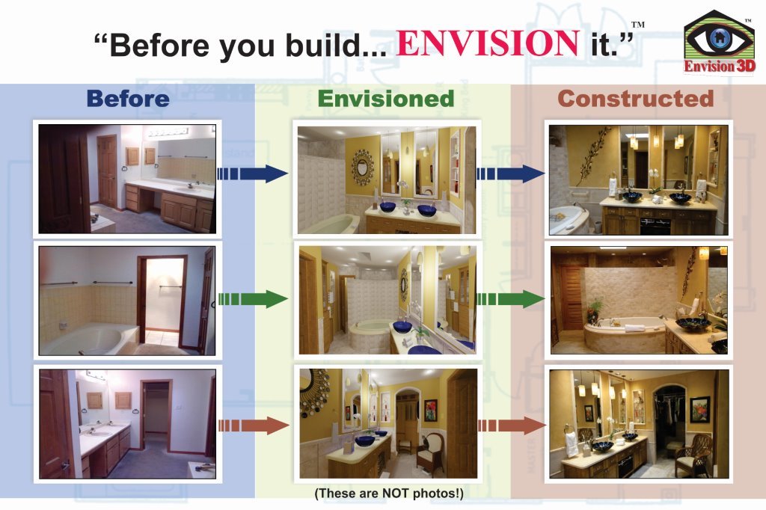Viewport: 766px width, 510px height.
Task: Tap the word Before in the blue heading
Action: pos(128,99)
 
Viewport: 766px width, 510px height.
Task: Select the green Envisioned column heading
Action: pos(386,99)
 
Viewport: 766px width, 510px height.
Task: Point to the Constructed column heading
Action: pos(636,99)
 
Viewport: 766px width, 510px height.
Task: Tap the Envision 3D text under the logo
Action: pos(720,67)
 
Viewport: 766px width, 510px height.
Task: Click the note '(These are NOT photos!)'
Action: pos(389,494)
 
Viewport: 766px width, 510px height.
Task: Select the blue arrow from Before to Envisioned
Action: pos(253,173)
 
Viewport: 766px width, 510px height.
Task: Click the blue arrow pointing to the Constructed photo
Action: pos(510,173)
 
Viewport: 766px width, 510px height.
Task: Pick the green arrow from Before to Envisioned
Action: pos(253,299)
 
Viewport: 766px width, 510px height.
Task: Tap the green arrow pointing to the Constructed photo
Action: pos(510,299)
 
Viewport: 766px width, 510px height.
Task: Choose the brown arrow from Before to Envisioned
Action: pos(254,425)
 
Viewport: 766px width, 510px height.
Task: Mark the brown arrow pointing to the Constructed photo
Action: pos(512,425)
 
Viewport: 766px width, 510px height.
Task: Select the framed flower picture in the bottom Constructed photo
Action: pos(699,409)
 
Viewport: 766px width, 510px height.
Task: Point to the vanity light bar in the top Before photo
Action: pos(168,132)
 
